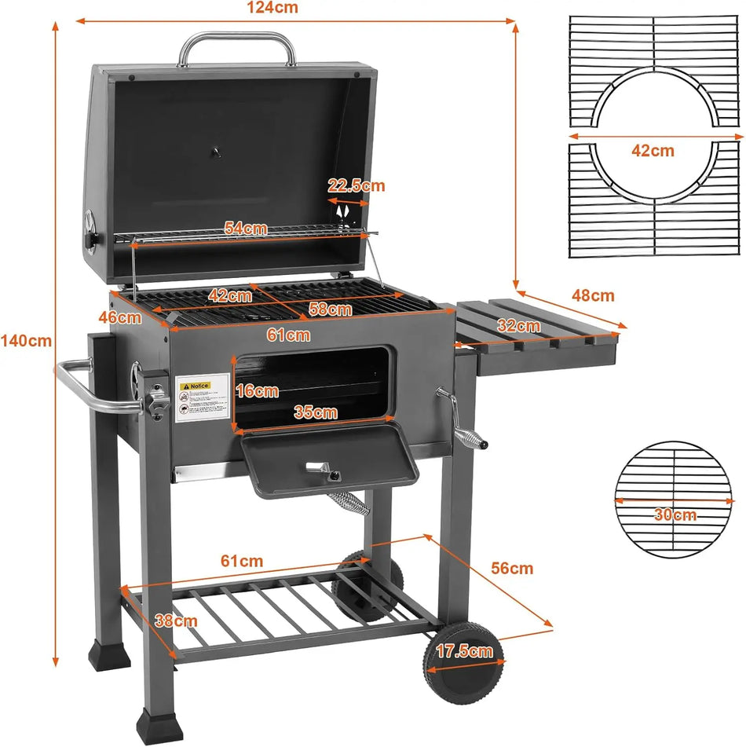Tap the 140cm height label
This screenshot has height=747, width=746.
click(x=26, y=341)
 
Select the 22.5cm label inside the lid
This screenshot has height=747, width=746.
click(x=357, y=185)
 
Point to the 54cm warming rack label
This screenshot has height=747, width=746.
click(x=245, y=229)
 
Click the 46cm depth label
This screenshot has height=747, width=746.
click(x=125, y=317)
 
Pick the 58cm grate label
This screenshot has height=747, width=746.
click(x=330, y=309)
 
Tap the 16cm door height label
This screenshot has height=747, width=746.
click(x=257, y=390)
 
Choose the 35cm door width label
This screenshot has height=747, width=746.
click(x=315, y=412)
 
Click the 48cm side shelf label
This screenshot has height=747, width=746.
click(x=592, y=296)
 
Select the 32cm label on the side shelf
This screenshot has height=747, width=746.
click(x=518, y=325)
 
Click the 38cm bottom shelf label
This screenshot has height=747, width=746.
click(x=175, y=621)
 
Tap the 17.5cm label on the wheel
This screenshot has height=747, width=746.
click(x=465, y=650)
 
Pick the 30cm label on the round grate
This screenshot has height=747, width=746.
click(x=675, y=515)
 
